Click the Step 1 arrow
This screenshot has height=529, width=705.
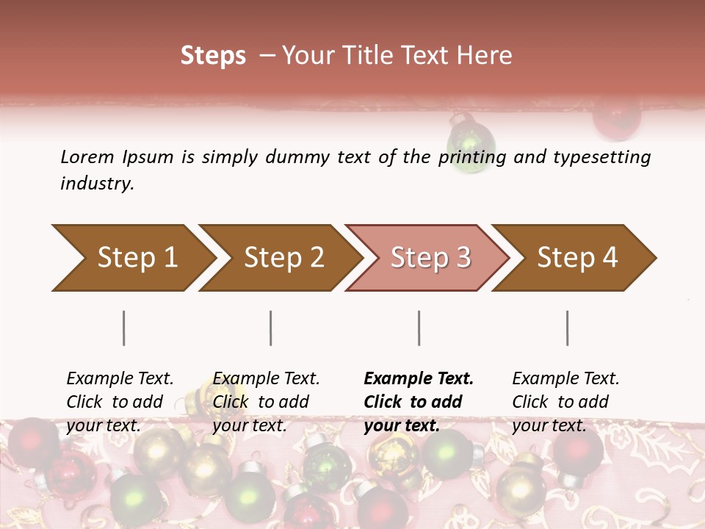137,258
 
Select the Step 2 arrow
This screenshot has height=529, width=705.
283,258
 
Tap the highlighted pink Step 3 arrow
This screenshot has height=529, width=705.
430,258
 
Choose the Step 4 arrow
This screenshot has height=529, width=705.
577,258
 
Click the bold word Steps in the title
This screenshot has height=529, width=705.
213,56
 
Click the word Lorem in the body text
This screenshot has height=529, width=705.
87,157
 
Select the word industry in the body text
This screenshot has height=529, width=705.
96,184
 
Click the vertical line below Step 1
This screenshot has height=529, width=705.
124,328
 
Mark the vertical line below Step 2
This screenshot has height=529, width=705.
271,328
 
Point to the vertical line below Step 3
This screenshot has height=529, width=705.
419,328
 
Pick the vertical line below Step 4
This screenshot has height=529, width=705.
568,328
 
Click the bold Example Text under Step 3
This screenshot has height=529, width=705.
419,379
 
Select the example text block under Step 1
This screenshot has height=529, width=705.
120,402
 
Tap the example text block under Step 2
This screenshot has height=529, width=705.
266,402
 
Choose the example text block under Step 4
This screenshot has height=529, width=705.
565,402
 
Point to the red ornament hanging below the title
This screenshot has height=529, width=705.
617,118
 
